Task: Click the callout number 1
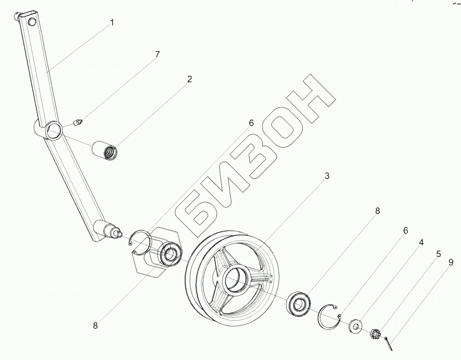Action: (x=112, y=22)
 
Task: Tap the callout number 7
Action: (x=157, y=55)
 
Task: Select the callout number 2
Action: (x=189, y=79)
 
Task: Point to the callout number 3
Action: (x=327, y=176)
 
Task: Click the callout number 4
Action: (x=421, y=243)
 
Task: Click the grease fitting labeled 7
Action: (x=79, y=123)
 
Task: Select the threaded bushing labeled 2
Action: (x=106, y=149)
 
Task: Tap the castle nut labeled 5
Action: (x=376, y=333)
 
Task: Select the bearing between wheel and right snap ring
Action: (x=300, y=304)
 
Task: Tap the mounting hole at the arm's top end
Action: (x=32, y=23)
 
